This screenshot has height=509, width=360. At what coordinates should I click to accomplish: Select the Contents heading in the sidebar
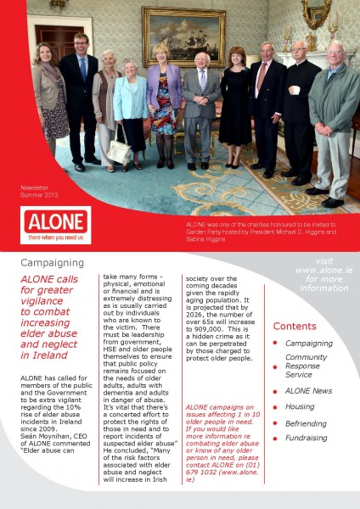coord(295,327)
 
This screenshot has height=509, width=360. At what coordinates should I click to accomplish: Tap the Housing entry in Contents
coord(300,406)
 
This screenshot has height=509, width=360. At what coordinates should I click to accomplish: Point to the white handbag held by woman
coord(120,154)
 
